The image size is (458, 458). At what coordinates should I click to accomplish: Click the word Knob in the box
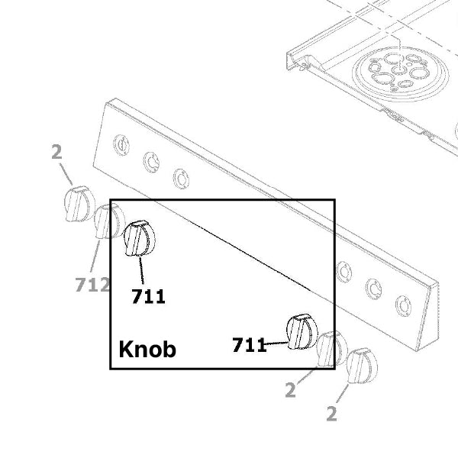pyautogui.click(x=147, y=350)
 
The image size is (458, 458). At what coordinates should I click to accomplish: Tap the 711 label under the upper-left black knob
pyautogui.click(x=148, y=296)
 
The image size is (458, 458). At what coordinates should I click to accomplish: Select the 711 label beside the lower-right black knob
pyautogui.click(x=249, y=346)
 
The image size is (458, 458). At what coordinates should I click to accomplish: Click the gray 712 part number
pyautogui.click(x=92, y=285)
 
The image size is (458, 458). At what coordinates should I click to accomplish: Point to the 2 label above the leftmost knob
pyautogui.click(x=56, y=152)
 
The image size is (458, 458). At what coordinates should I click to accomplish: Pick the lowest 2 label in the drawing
pyautogui.click(x=331, y=414)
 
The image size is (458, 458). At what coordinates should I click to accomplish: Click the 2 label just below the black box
pyautogui.click(x=290, y=391)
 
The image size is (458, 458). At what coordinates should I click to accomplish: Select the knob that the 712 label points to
pyautogui.click(x=108, y=221)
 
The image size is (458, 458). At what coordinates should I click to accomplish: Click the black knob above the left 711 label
pyautogui.click(x=139, y=239)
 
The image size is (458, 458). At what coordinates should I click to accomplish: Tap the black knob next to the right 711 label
pyautogui.click(x=302, y=331)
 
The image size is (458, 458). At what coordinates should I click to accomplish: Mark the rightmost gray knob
pyautogui.click(x=361, y=365)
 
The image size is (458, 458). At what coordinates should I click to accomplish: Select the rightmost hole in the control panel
pyautogui.click(x=403, y=305)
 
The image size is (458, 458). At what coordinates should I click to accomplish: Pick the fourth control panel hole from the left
pyautogui.click(x=344, y=271)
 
